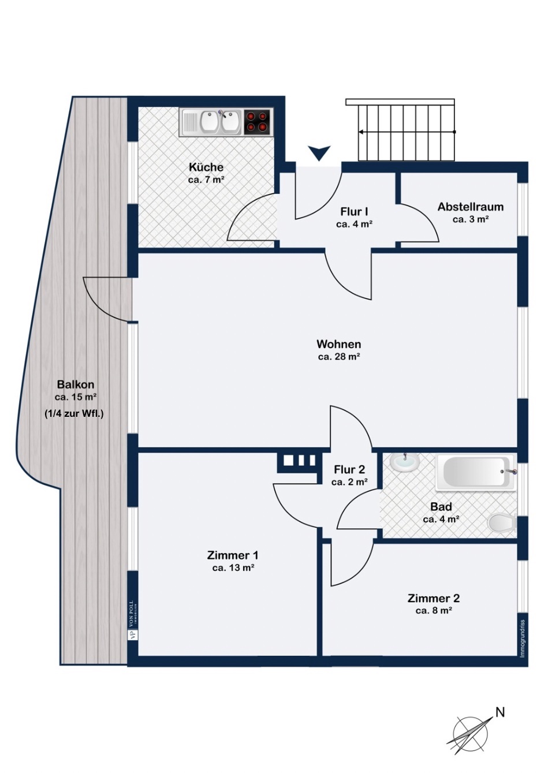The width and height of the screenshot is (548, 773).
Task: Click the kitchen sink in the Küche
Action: point(220,122)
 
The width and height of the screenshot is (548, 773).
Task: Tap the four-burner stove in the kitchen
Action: point(257,122)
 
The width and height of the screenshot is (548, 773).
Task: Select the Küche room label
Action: point(206,167)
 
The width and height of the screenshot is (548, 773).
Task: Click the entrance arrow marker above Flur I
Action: point(319,153)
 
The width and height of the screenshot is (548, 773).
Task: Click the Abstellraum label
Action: point(470,207)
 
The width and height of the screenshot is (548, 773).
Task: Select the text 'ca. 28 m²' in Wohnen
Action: point(339,357)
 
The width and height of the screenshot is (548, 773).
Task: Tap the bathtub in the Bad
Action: point(476,473)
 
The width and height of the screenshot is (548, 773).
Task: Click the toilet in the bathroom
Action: point(501,524)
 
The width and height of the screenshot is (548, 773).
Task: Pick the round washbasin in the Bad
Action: point(404,462)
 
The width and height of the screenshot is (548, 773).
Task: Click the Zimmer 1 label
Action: point(233,555)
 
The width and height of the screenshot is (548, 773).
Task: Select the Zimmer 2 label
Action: point(434,598)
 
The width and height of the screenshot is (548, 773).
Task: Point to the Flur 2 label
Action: point(349,469)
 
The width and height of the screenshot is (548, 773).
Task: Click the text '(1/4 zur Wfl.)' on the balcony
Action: point(74,413)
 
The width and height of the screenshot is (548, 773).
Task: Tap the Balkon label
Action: point(76,384)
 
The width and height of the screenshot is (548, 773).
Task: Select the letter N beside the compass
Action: point(500,712)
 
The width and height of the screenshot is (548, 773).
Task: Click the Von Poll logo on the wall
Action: point(132,619)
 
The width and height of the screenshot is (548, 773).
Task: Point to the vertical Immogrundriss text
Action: point(522,637)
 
